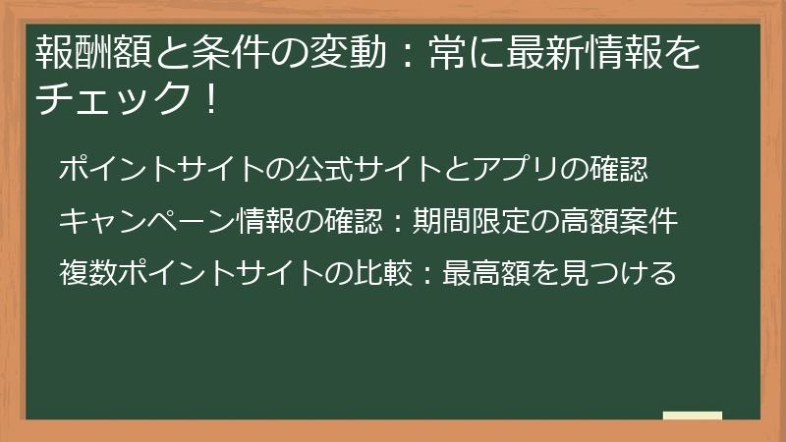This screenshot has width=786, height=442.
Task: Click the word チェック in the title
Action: (x=109, y=99)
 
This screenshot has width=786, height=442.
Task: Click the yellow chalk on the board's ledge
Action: (x=693, y=415)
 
